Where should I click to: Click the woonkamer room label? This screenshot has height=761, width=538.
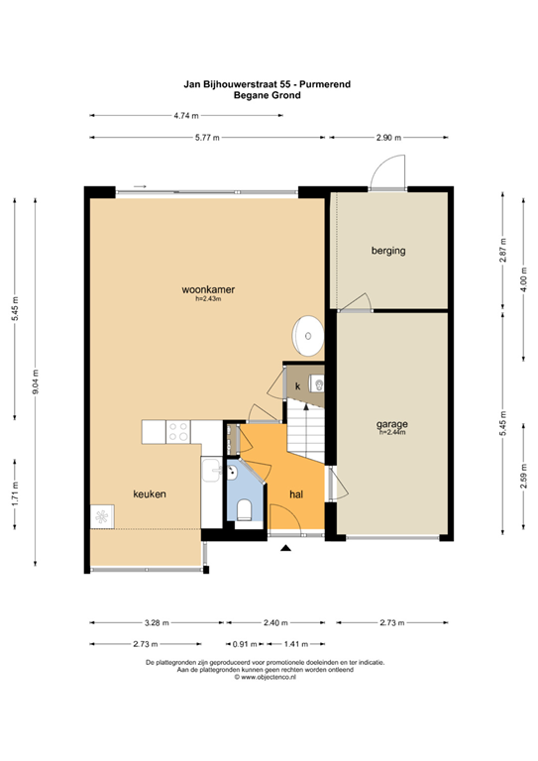pyautogui.click(x=208, y=289)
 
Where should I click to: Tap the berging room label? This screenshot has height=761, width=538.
pyautogui.click(x=388, y=251)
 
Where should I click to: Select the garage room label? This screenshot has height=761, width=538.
pyautogui.click(x=392, y=424)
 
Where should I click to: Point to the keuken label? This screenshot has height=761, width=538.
pyautogui.click(x=150, y=494)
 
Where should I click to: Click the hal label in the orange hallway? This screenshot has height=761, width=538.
pyautogui.click(x=296, y=494)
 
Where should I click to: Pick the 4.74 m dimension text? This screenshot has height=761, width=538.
pyautogui.click(x=186, y=116)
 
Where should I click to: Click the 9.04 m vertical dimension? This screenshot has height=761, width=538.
pyautogui.click(x=36, y=381)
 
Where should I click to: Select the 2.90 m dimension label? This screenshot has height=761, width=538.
pyautogui.click(x=388, y=138)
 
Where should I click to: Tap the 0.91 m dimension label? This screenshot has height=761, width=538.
pyautogui.click(x=245, y=644)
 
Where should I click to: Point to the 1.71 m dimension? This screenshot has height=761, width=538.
pyautogui.click(x=15, y=494)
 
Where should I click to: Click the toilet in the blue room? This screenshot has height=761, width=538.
pyautogui.click(x=244, y=510)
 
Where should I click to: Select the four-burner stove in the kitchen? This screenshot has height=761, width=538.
pyautogui.click(x=177, y=432)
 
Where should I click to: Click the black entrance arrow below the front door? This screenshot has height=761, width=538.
pyautogui.click(x=285, y=548)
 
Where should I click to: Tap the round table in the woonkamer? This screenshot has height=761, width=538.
pyautogui.click(x=307, y=335)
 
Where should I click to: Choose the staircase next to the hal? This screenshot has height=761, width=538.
pyautogui.click(x=305, y=429)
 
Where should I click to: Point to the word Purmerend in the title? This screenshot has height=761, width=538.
pyautogui.click(x=325, y=84)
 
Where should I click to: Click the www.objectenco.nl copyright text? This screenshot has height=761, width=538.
pyautogui.click(x=265, y=677)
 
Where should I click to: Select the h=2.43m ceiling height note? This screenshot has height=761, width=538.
pyautogui.click(x=208, y=299)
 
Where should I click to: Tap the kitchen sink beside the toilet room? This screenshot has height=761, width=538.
pyautogui.click(x=211, y=470)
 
